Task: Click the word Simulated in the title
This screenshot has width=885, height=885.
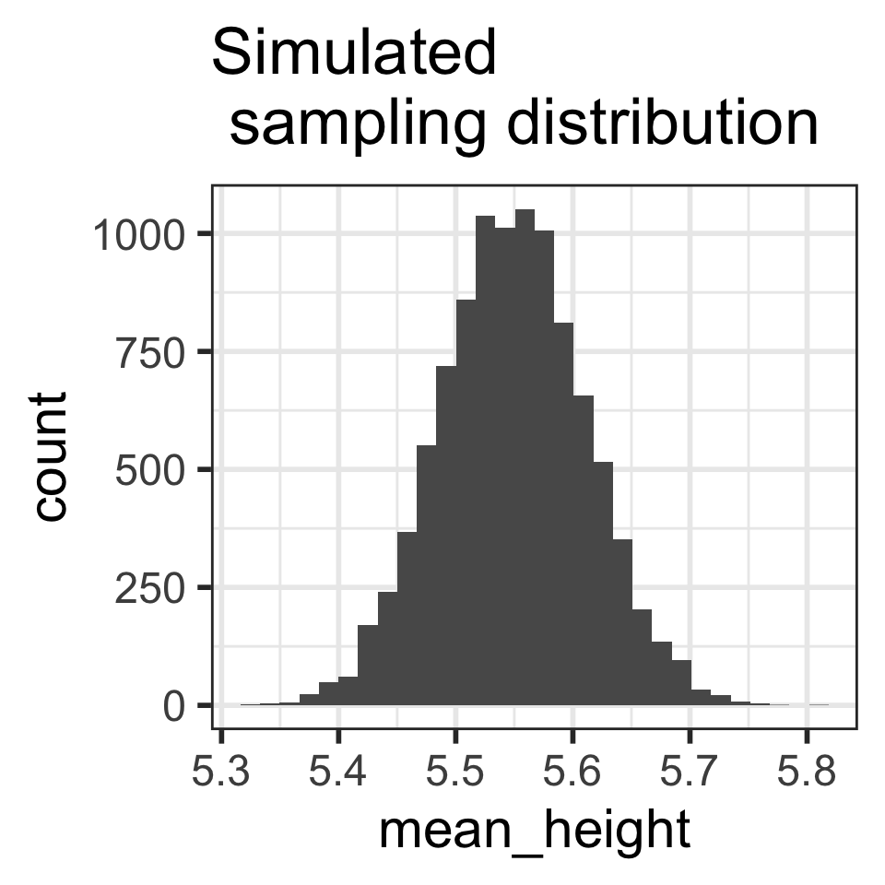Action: pos(354,53)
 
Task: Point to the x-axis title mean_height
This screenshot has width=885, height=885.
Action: pos(534,831)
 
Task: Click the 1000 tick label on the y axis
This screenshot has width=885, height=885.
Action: pos(137,233)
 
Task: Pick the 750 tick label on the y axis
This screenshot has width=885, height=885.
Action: pos(150,351)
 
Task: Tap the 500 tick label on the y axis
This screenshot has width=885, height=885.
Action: pos(150,469)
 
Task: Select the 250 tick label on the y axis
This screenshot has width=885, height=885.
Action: pos(150,587)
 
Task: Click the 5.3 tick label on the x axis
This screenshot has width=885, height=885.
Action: pos(221,771)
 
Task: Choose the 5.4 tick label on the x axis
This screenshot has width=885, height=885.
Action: pos(338,771)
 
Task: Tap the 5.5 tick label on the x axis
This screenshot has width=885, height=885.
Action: pos(455,771)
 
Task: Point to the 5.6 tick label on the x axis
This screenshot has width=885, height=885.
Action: pos(572,771)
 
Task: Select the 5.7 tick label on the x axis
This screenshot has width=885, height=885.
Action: pos(690,771)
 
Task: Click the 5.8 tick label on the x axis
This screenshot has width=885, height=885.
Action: pos(807,771)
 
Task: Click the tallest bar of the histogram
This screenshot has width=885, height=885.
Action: pos(525,461)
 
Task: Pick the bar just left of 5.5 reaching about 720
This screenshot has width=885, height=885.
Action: pos(446,535)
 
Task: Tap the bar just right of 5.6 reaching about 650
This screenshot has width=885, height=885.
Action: pos(583,553)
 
